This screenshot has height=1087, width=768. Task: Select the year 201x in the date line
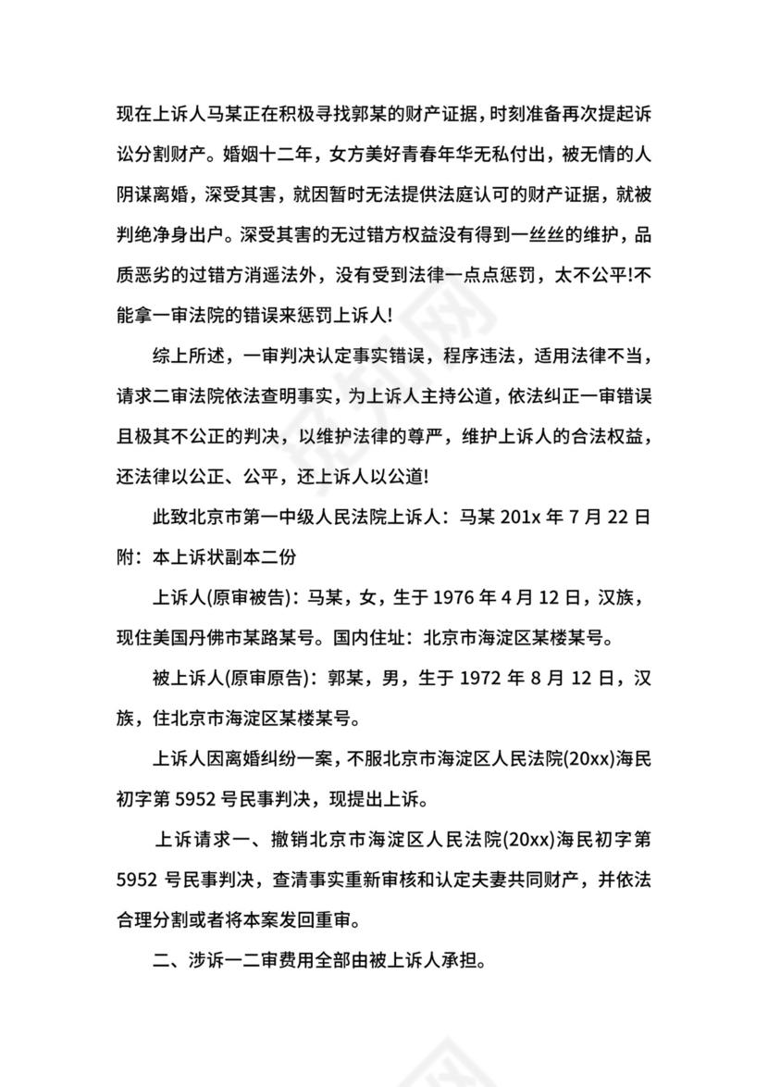[x=521, y=514]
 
